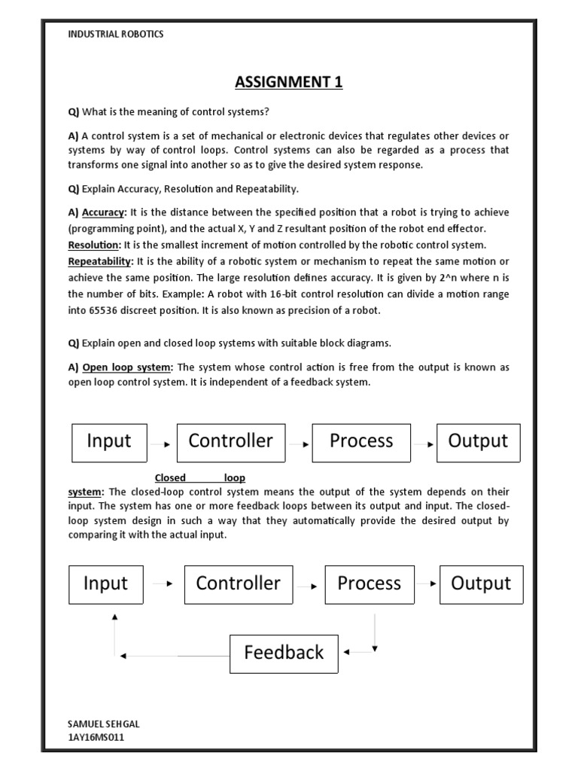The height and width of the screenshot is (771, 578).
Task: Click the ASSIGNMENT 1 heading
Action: [x=289, y=82]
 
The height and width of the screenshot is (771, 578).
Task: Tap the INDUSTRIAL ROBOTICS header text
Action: [x=116, y=35]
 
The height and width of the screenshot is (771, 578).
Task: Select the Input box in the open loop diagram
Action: [x=109, y=442]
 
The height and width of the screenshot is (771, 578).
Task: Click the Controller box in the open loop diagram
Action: [x=231, y=442]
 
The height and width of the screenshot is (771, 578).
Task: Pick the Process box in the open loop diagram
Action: [x=361, y=442]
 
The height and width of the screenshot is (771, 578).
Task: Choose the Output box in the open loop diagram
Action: [x=478, y=442]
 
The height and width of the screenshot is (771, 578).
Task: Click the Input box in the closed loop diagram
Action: [x=105, y=584]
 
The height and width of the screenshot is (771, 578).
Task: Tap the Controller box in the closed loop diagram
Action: [x=238, y=584]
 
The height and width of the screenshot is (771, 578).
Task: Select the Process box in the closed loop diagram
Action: [x=369, y=584]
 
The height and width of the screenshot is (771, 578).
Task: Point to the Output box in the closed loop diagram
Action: [x=481, y=584]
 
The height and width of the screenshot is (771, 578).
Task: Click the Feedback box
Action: [x=284, y=654]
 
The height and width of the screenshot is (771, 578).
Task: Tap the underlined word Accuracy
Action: [x=102, y=213]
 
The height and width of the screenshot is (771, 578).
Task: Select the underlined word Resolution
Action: [x=94, y=245]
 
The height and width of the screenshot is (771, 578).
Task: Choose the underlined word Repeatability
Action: [x=100, y=261]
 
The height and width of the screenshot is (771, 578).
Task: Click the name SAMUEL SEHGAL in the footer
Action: [x=103, y=724]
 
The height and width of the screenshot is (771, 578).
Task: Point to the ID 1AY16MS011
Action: [x=96, y=737]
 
